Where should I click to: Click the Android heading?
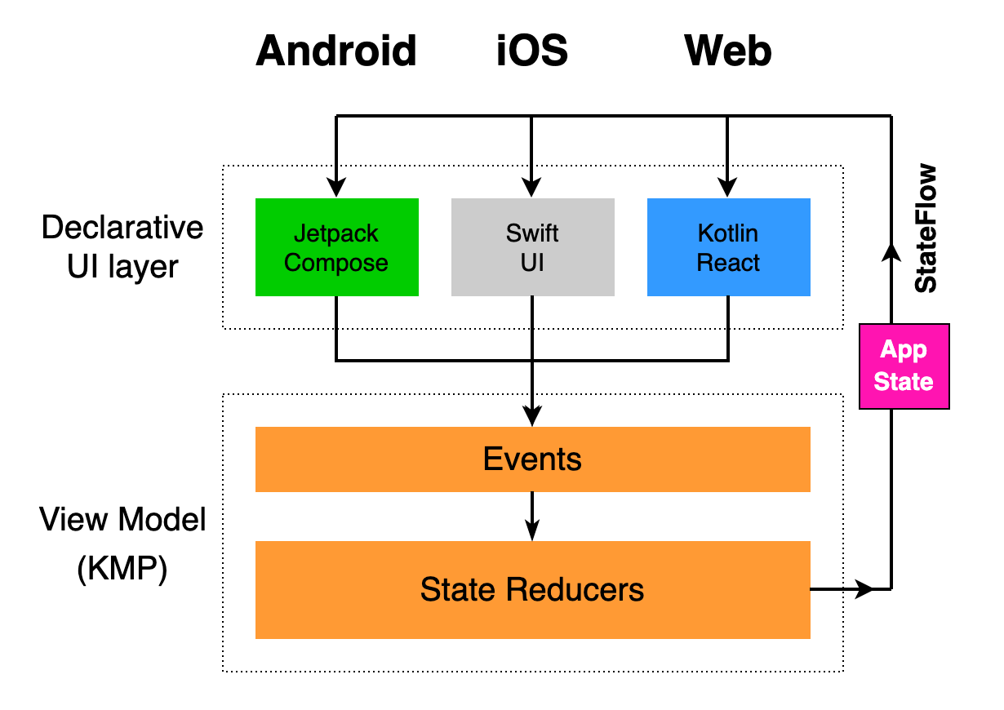(x=336, y=51)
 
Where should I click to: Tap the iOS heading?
(x=532, y=51)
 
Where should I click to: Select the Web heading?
(x=728, y=51)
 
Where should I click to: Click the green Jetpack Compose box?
(x=336, y=247)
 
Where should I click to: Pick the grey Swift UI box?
(x=532, y=247)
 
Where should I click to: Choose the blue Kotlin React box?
(x=728, y=247)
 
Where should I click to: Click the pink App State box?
(x=904, y=366)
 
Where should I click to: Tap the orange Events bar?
(x=532, y=459)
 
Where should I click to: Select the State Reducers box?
(x=532, y=589)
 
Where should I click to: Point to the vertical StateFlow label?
(x=926, y=229)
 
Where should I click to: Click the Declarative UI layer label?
(x=122, y=246)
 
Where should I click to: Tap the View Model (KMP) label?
(x=122, y=544)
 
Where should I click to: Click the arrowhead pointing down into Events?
(x=532, y=417)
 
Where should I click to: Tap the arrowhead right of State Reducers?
(x=864, y=588)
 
